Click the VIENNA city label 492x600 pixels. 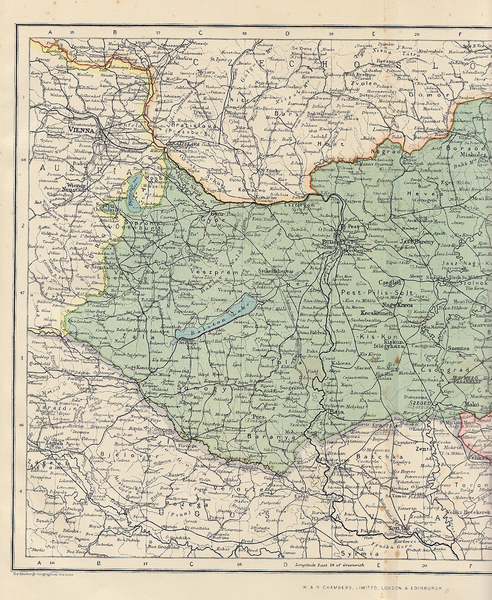coord(82,130)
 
